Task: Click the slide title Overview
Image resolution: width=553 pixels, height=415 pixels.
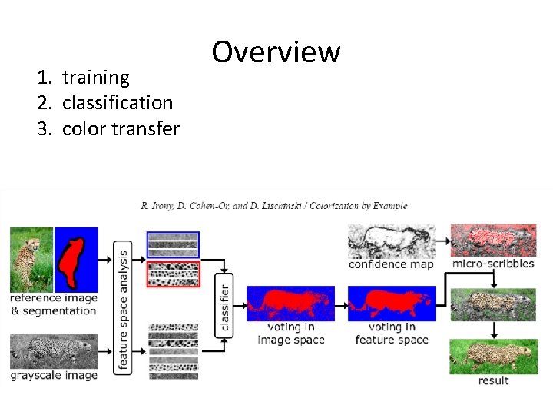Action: coord(276,52)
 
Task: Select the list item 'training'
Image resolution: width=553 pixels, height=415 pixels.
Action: coord(96,77)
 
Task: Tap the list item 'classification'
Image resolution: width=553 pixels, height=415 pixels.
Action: coord(117,102)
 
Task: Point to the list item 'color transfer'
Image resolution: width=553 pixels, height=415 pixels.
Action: coord(121,128)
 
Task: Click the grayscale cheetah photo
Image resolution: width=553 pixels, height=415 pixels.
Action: coord(54,351)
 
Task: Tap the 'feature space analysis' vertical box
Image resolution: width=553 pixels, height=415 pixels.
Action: coord(123,307)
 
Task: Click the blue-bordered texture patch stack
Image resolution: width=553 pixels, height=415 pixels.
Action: coord(173,244)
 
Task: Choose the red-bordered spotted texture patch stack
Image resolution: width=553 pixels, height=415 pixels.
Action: coord(173,274)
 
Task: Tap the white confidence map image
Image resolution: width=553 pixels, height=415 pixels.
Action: coord(392,241)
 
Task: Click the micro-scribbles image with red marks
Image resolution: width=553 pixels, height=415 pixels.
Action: coord(493,241)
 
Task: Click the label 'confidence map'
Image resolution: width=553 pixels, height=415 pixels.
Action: coord(391,264)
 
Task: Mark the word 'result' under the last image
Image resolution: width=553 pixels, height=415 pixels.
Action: coord(493,381)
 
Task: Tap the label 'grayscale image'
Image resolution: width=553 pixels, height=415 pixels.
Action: coord(54,376)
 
